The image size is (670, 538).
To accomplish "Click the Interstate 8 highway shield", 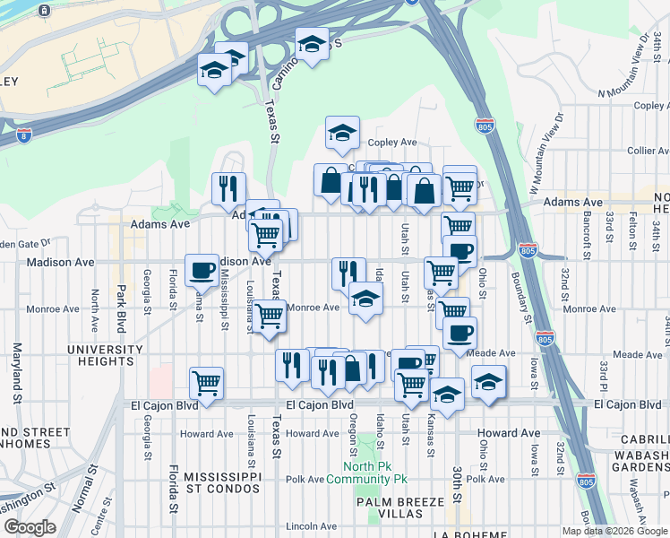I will coord(22,134).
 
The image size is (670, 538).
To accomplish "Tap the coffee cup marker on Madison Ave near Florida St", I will coord(200,268).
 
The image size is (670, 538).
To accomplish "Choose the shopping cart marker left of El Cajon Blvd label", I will coord(206,383).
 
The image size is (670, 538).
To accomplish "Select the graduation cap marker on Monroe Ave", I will coord(365,298).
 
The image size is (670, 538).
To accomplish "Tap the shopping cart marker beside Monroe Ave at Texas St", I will coord(269,316).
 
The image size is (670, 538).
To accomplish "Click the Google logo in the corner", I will coord(30,527).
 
